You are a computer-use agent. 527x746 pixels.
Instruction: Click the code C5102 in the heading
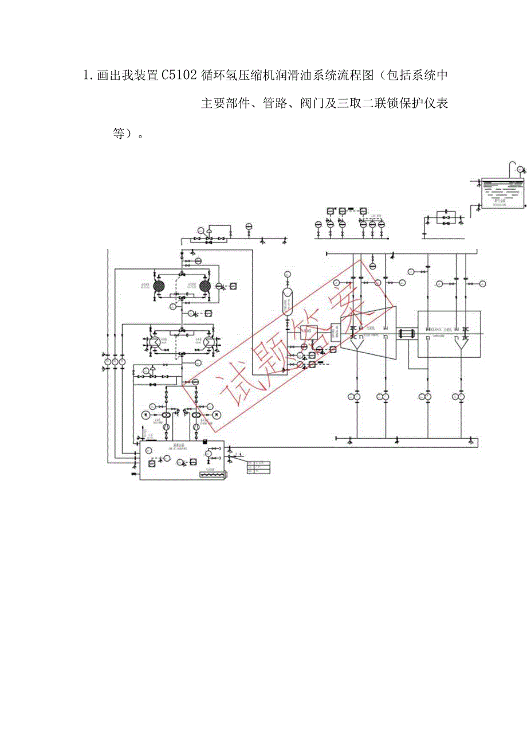point(179,76)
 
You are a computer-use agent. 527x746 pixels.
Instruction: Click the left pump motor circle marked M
point(146,415)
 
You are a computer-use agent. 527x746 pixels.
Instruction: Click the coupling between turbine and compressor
point(406,333)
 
